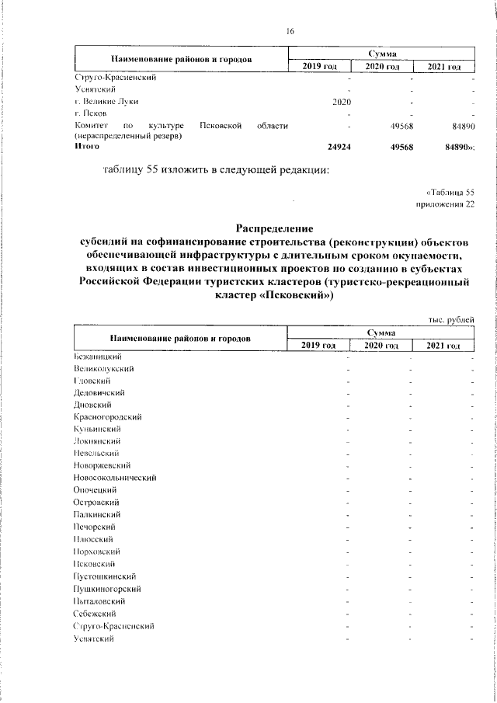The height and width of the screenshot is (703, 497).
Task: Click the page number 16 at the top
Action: coord(290,31)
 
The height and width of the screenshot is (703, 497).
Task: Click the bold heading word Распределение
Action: coord(276,229)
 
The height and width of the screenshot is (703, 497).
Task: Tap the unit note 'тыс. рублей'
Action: coord(451,320)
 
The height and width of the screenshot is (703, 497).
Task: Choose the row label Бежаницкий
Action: coord(96,356)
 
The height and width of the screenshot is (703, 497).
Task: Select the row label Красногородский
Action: coord(106,416)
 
